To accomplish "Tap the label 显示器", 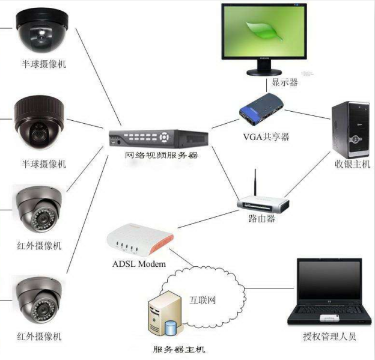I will pos(285,82).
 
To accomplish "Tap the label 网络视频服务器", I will pos(162,156).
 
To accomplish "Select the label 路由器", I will pos(261,219).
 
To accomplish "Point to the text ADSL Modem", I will pos(139,264).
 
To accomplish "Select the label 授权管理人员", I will pos(329,337).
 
